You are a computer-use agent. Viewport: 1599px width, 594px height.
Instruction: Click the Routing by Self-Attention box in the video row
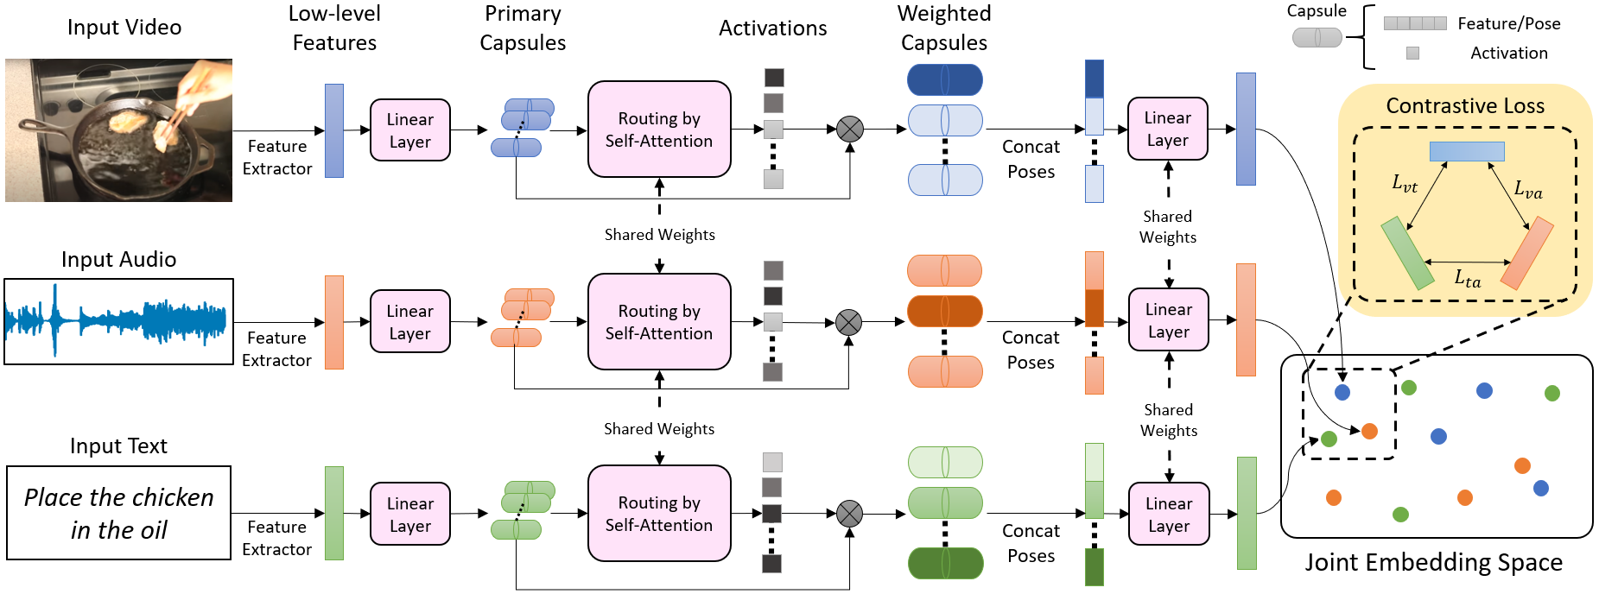[x=659, y=130]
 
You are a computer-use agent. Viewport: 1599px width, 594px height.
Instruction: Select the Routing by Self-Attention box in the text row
[x=659, y=514]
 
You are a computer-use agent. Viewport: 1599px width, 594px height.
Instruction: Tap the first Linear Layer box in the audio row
[x=409, y=322]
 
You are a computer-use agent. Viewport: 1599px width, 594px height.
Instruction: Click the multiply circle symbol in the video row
[x=850, y=130]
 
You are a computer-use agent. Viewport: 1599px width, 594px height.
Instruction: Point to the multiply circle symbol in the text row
[x=849, y=514]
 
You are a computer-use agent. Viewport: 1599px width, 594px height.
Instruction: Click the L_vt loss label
[x=1405, y=183]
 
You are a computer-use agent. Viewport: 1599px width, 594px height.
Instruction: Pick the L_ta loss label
[x=1467, y=278]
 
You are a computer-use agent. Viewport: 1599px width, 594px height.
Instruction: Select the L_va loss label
[x=1527, y=189]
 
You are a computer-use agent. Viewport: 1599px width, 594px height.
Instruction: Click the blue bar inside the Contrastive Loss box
[x=1467, y=151]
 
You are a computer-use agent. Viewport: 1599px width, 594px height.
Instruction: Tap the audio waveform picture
[x=118, y=321]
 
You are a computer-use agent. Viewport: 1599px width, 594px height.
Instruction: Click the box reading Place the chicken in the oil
[x=118, y=513]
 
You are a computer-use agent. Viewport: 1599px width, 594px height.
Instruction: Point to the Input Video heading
[x=124, y=28]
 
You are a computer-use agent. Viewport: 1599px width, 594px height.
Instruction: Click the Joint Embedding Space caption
[x=1433, y=563]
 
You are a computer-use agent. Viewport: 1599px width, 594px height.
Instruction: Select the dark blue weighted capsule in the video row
[x=944, y=80]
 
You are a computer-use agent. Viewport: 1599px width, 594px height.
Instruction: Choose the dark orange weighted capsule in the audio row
[x=944, y=311]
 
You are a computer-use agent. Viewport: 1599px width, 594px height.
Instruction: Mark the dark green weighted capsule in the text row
[x=945, y=563]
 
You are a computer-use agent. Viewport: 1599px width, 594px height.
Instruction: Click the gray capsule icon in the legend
[x=1317, y=37]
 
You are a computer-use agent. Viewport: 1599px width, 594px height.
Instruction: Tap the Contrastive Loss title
[x=1465, y=106]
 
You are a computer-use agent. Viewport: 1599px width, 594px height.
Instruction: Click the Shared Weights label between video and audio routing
[x=659, y=235]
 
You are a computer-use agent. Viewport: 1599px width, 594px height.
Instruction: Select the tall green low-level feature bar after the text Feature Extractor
[x=333, y=513]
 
